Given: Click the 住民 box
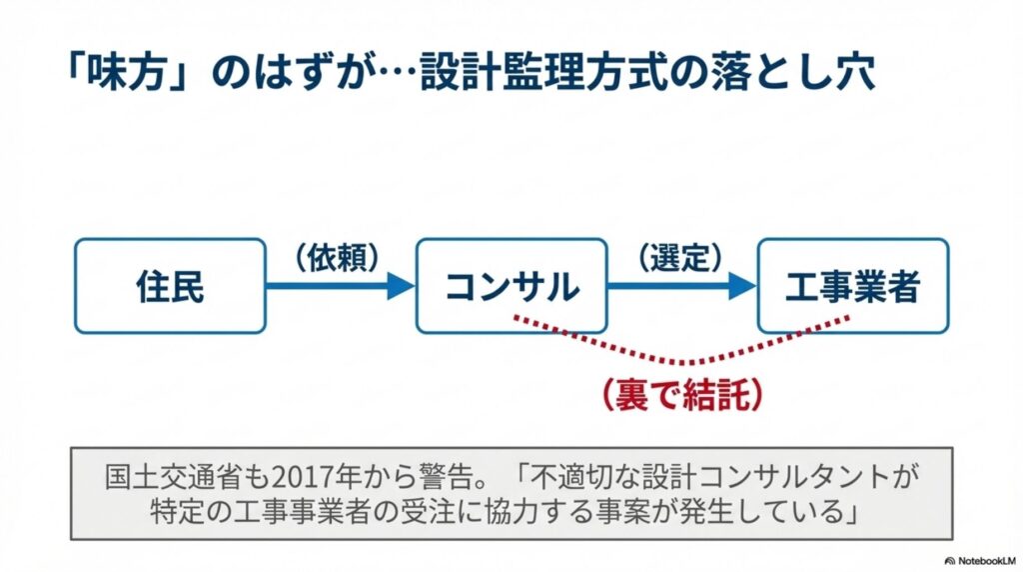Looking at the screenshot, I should click(x=170, y=286).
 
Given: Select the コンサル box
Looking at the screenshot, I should click(x=511, y=286).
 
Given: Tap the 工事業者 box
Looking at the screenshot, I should click(x=852, y=286).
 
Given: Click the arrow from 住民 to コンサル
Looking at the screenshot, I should click(x=340, y=286).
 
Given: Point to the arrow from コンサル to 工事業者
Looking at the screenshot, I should click(x=681, y=286).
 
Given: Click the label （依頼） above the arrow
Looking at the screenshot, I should click(x=339, y=257).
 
